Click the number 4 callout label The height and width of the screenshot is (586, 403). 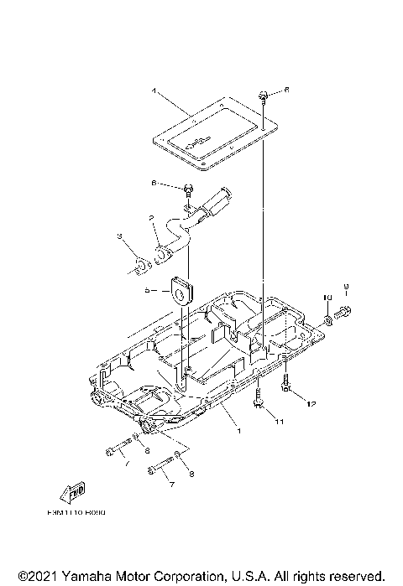(x=154, y=90)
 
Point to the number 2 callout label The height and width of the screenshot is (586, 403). (x=152, y=217)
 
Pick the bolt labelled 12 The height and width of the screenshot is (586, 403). (x=286, y=386)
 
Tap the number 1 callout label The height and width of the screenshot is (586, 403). (x=238, y=431)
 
